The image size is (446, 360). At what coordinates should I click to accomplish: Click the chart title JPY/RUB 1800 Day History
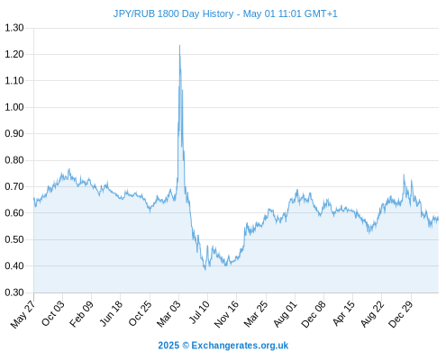(x=173, y=13)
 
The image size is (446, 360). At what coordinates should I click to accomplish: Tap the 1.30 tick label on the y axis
(x=14, y=28)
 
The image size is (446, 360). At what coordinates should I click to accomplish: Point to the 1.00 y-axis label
(x=14, y=107)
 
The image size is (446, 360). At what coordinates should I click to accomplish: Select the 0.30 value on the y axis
(x=14, y=292)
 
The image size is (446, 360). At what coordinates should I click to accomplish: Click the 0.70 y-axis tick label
(x=14, y=186)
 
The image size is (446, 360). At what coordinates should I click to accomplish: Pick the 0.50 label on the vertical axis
(x=14, y=239)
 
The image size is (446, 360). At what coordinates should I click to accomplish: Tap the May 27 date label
(x=23, y=313)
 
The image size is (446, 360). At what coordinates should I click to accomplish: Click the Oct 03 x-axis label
(x=53, y=313)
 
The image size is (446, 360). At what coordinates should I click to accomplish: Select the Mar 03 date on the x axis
(x=168, y=313)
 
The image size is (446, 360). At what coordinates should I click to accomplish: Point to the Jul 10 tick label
(x=199, y=312)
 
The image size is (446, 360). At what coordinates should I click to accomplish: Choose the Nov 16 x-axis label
(x=226, y=313)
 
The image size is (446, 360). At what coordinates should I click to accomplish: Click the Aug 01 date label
(x=286, y=313)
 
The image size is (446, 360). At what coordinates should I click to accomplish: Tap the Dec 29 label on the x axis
(x=401, y=313)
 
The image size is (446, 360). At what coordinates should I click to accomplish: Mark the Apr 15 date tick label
(x=343, y=313)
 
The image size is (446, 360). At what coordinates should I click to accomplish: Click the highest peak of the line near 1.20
(x=179, y=45)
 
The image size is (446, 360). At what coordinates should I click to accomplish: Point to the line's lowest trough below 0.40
(x=205, y=269)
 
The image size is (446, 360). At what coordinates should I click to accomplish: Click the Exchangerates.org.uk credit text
(x=240, y=346)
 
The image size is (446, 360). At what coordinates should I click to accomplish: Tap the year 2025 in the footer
(x=168, y=346)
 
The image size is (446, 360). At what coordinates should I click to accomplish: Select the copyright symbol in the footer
(x=186, y=346)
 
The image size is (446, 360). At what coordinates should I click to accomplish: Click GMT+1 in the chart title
(x=321, y=13)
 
